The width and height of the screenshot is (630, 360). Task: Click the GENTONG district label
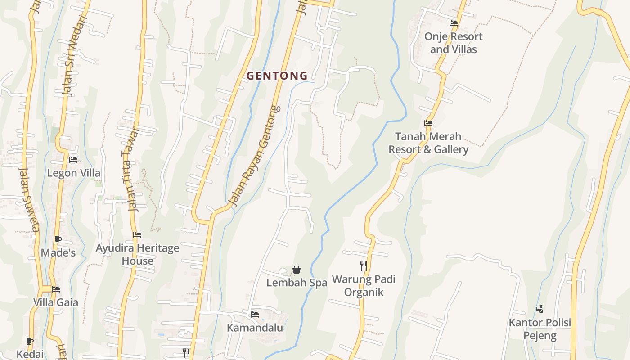(277, 76)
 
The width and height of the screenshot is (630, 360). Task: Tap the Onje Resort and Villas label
(453, 43)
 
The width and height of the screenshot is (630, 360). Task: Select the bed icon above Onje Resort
(453, 23)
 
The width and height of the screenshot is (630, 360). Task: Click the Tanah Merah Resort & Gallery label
(428, 143)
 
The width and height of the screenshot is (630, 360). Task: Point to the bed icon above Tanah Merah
(428, 123)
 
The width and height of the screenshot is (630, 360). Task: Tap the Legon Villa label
(74, 173)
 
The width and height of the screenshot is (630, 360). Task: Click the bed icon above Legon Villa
(73, 160)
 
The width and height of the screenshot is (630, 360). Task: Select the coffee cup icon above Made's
(58, 239)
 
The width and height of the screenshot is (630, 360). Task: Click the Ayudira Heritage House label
(137, 254)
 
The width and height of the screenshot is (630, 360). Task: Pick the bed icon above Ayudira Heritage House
(137, 235)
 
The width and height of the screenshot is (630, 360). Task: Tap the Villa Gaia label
(56, 302)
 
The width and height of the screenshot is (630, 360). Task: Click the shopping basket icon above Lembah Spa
(297, 270)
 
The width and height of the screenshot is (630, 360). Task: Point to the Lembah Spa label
(297, 283)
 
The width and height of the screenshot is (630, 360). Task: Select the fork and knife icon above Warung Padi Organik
(364, 266)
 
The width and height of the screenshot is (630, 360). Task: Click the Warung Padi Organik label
(364, 286)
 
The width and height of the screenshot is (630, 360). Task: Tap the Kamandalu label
(255, 328)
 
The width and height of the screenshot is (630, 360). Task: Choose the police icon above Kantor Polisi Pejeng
(540, 309)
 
